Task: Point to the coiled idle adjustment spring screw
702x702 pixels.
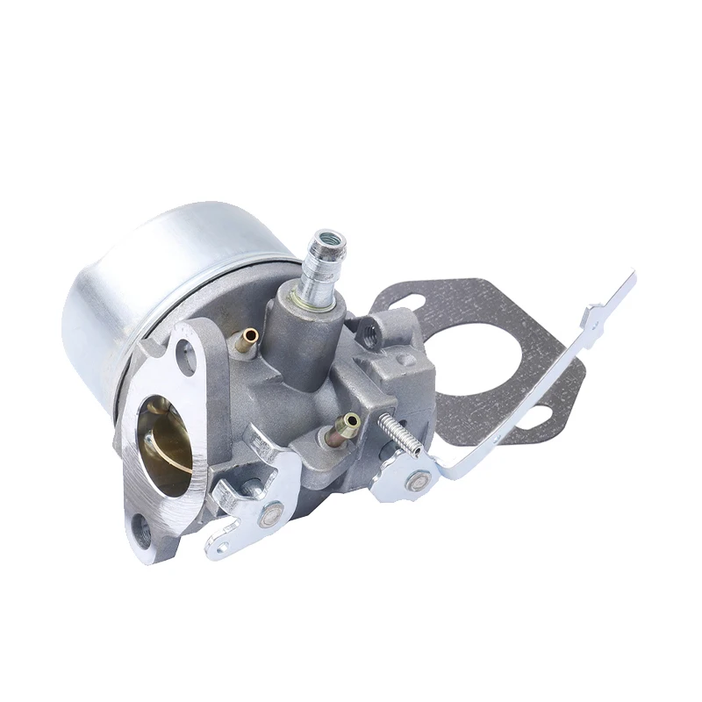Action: [399, 435]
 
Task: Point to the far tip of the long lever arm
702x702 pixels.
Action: [628, 279]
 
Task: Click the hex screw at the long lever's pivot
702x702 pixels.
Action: [419, 480]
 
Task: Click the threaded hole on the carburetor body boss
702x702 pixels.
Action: [369, 333]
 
